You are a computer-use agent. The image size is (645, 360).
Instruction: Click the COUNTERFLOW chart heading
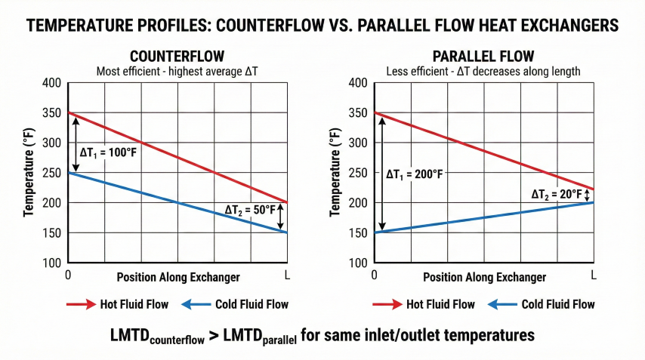tap(177, 57)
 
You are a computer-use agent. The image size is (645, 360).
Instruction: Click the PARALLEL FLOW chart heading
tap(483, 57)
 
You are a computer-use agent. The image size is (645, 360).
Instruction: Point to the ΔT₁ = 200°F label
tap(414, 174)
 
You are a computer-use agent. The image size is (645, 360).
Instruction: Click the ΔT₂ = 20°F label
tap(557, 195)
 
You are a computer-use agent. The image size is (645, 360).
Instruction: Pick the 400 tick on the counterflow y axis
tap(53, 82)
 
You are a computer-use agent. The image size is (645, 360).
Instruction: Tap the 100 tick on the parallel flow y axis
tap(359, 263)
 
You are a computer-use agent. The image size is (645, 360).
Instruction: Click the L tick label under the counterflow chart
tap(285, 275)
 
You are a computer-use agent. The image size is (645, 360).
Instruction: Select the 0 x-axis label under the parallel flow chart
tap(374, 275)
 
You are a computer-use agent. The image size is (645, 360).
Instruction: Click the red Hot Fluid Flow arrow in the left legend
tap(79, 305)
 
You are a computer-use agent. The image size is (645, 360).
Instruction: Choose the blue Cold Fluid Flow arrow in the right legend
tap(503, 305)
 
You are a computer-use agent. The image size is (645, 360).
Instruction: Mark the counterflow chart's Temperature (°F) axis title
tap(29, 173)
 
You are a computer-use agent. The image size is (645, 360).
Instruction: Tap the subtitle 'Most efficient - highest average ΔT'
tap(177, 71)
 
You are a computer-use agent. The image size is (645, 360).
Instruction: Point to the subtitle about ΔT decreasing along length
tap(483, 71)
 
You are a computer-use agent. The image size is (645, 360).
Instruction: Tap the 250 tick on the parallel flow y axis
tap(359, 173)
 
